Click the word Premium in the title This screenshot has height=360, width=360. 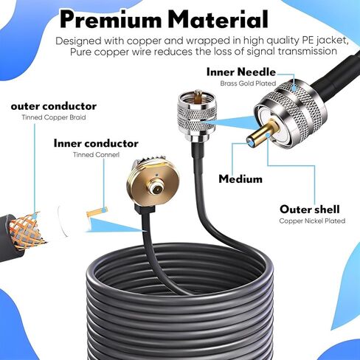point(111,19)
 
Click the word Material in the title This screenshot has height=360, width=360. point(219,19)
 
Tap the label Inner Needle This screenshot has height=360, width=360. point(241,72)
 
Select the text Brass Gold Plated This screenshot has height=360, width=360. point(248,83)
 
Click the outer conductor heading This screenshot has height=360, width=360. point(54,106)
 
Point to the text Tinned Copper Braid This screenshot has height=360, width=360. point(54,117)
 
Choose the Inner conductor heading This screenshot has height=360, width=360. point(96,143)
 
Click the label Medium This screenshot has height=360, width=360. point(240,179)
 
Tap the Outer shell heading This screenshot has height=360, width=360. point(310,210)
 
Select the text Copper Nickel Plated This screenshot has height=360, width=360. point(312,221)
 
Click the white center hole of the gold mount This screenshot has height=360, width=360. point(156,190)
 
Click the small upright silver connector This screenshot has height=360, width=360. point(197,116)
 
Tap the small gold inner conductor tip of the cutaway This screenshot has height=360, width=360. point(97,212)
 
